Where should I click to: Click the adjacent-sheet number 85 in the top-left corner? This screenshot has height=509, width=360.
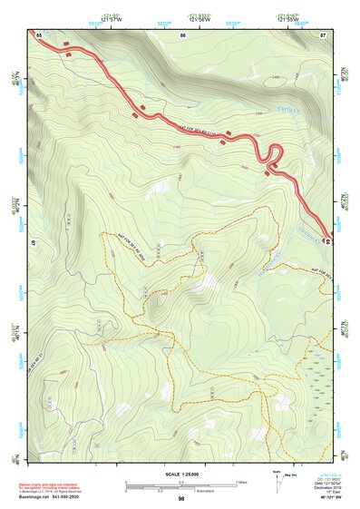pos(39,34)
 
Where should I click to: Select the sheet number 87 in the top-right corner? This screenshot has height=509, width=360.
pos(323,34)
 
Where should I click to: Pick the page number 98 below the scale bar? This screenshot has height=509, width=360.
pos(181,498)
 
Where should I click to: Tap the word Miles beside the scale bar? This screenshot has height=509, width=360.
pos(242,482)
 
